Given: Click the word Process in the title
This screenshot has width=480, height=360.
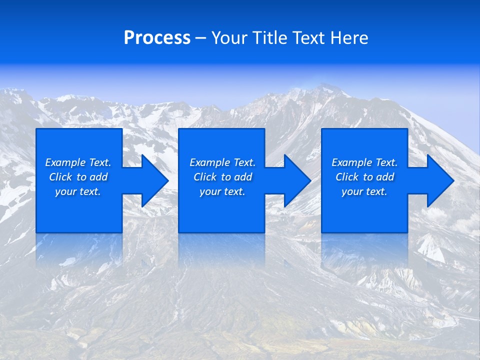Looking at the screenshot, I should (157, 38).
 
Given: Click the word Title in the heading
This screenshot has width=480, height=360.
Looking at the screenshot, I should (270, 38).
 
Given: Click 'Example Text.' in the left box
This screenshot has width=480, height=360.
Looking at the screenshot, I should (78, 162).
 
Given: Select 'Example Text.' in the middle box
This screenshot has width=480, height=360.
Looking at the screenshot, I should (222, 162).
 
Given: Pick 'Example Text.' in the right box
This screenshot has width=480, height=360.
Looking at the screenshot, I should (364, 162).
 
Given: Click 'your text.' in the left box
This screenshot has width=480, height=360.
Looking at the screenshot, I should (78, 191).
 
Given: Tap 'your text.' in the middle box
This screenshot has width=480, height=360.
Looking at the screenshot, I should (222, 191).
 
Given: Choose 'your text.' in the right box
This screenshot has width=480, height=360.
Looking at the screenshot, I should (364, 191).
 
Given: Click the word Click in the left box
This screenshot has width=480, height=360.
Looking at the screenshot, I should (60, 177).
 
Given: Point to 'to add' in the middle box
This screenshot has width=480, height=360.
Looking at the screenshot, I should (236, 177).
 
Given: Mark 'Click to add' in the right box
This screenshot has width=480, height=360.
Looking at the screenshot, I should (364, 177).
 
